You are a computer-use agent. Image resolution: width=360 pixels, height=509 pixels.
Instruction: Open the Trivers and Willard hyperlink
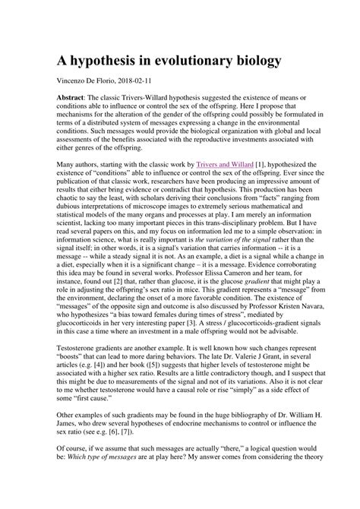click(x=226, y=185)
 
